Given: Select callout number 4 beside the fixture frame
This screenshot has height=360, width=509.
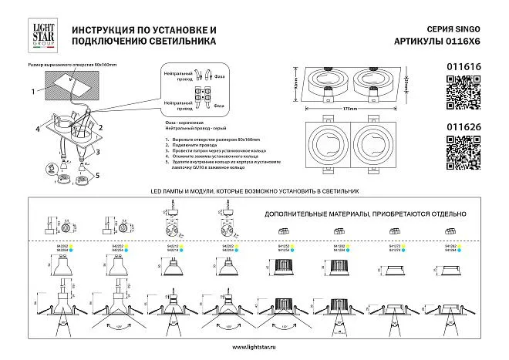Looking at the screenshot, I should click(37, 130).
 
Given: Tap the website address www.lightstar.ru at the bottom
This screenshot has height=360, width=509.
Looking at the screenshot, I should click(254, 346).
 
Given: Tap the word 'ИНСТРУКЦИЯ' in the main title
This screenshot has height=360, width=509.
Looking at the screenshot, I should click(106, 29).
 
